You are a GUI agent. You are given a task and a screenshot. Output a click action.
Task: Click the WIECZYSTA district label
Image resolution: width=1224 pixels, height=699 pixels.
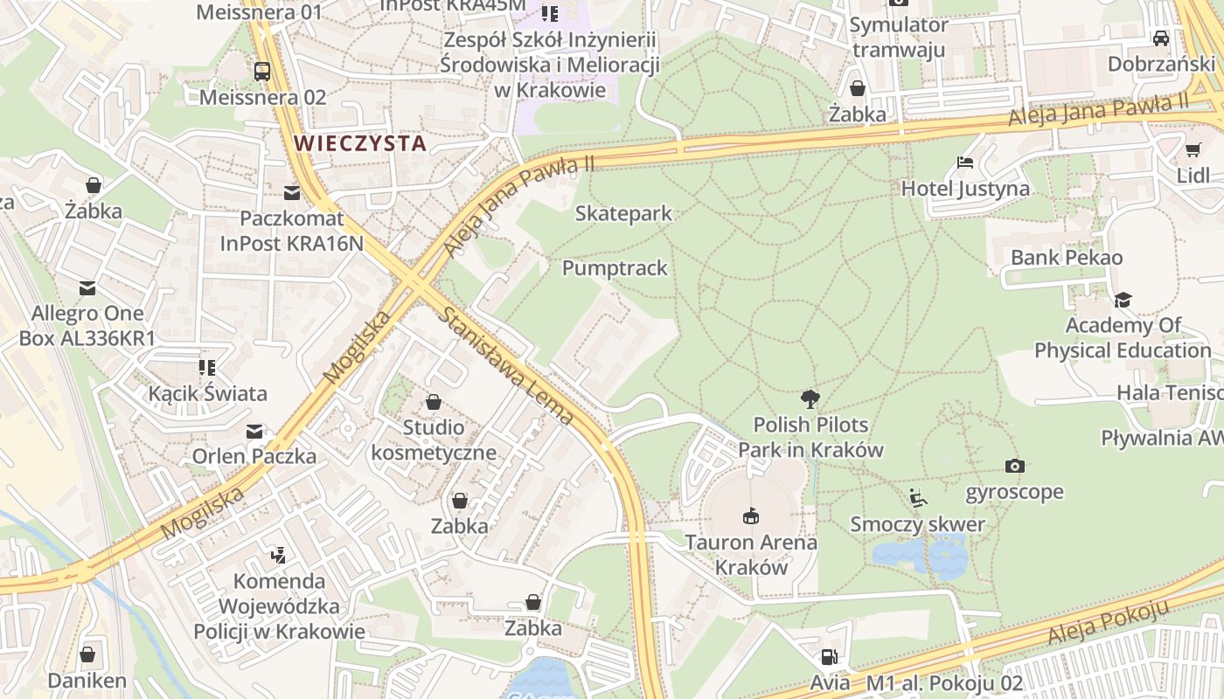pos(359,143)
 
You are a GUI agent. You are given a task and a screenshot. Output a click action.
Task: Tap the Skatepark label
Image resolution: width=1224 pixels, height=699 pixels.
pos(623,213)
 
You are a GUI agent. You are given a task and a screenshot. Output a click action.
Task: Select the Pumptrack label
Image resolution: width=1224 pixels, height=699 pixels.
pos(615,268)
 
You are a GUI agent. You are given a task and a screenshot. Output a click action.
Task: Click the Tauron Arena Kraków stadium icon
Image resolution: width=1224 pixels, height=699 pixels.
pos(750,516)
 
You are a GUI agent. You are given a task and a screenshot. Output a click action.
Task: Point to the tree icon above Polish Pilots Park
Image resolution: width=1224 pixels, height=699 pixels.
pos(810,399)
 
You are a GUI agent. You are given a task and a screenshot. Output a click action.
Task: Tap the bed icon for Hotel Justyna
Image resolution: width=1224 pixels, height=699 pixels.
pos(965,163)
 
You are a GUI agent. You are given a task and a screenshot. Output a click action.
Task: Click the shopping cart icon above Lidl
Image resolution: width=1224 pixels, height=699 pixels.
pos(1193,149)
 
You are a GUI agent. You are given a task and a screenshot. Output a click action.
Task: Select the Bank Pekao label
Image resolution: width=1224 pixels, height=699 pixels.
pos(1067,258)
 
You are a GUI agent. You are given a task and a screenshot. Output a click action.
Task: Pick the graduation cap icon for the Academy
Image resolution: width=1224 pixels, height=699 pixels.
pos(1123,300)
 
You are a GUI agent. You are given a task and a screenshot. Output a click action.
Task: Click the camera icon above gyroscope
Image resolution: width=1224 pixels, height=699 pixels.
pos(1014,466)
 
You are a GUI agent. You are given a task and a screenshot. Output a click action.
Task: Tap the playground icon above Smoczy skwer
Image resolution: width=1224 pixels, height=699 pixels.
pos(917,498)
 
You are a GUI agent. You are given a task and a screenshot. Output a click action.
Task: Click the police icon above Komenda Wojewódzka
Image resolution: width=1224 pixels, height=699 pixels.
pos(278,554)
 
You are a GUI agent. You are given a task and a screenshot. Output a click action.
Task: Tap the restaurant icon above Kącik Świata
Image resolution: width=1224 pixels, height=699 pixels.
pos(207,367)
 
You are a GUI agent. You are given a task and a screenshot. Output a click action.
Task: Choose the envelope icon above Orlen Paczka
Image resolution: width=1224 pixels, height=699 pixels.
pos(254,431)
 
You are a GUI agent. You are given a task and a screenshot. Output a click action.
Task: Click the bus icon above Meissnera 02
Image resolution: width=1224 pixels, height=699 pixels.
pos(262,71)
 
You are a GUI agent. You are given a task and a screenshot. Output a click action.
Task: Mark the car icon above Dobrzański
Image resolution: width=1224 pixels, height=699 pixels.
pos(1161,38)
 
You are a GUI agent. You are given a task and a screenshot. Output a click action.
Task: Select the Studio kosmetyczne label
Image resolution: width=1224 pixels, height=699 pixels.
pos(434,439)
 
